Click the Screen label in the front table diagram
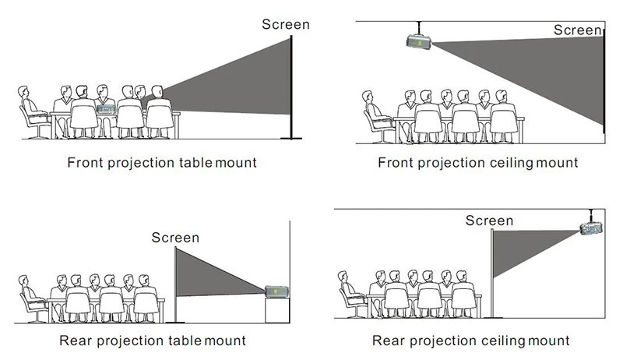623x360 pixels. [x=285, y=24]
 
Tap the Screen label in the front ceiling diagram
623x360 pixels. [x=578, y=30]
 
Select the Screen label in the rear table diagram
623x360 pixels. [x=175, y=238]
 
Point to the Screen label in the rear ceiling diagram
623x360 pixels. [x=490, y=221]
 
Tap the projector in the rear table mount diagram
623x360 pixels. [x=277, y=291]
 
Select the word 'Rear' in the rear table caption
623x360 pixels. [x=75, y=341]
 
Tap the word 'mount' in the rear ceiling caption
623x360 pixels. [x=548, y=341]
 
